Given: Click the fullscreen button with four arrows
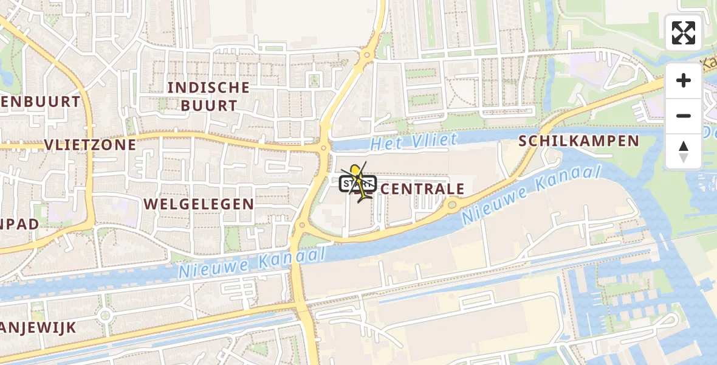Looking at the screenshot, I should click(684, 33).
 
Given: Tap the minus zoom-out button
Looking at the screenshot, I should click(684, 116).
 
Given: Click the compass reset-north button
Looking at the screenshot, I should click(684, 151).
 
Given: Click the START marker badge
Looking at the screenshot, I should click(353, 183).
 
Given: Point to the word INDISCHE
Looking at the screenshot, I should click(208, 88).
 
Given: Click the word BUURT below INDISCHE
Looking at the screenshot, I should click(208, 105).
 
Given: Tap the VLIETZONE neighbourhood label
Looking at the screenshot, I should click(90, 144).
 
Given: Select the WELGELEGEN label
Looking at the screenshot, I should click(207, 204).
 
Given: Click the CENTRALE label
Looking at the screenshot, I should click(423, 189).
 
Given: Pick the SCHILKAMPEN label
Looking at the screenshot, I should click(578, 142).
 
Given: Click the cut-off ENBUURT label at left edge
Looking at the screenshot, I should click(40, 102).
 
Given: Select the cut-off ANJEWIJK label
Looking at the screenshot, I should click(38, 328).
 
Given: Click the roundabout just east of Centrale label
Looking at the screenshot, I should click(452, 206).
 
